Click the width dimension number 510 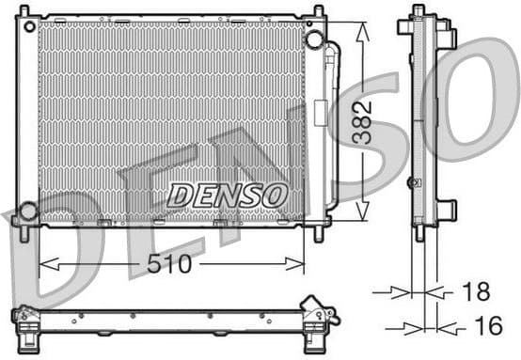click(x=170, y=265)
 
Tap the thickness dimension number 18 click(x=475, y=291)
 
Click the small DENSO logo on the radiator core click(x=226, y=196)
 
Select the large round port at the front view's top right click(x=314, y=39)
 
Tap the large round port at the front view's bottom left click(x=28, y=211)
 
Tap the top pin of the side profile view click(x=418, y=10)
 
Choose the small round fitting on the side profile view click(x=411, y=182)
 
